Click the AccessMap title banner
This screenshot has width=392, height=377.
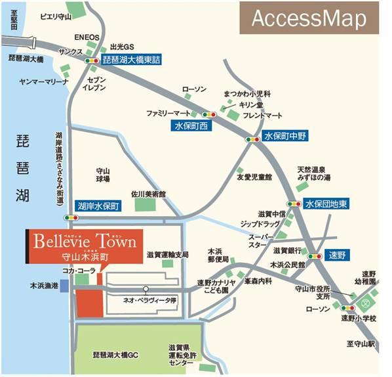pos(309,19)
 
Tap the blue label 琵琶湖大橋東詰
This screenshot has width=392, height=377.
pos(132,60)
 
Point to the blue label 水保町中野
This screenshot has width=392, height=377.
pos(284,137)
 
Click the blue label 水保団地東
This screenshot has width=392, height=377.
pos(326,203)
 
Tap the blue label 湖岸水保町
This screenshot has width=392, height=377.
pos(98,206)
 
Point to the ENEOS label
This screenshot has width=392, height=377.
pos(87,37)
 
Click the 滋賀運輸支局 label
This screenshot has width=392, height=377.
pos(167,254)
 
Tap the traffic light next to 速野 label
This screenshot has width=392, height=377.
pos(315,257)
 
